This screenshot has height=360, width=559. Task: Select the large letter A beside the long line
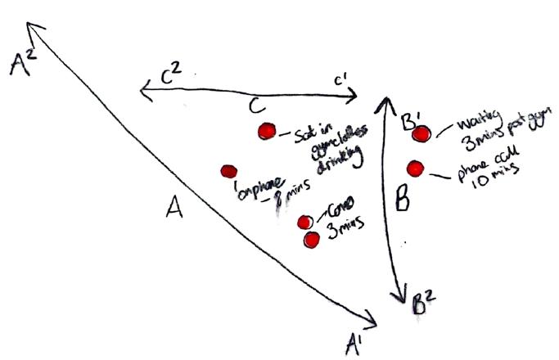tap(174, 212)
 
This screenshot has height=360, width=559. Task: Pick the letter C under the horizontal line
tap(256, 106)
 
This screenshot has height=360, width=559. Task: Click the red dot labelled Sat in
tap(265, 132)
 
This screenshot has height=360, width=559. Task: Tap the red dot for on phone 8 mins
tap(228, 171)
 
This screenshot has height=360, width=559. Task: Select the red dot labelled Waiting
tap(422, 133)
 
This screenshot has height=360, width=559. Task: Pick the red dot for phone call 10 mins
tap(415, 169)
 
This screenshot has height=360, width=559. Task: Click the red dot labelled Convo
tap(304, 222)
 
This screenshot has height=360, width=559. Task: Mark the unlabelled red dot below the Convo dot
tap(312, 239)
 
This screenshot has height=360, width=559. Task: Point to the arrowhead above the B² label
tap(403, 295)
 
